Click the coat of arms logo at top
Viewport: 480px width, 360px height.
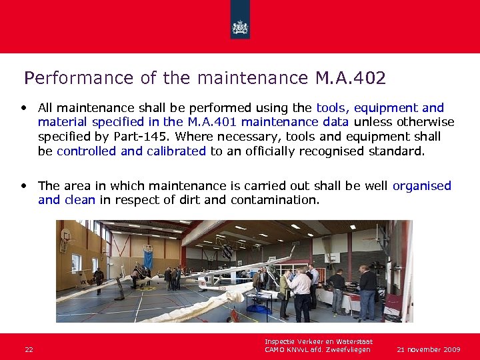point(239,27)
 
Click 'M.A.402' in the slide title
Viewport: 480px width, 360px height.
point(351,78)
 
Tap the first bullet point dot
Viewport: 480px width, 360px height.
point(24,107)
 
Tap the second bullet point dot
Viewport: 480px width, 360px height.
point(24,185)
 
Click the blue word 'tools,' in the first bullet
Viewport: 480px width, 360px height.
point(333,108)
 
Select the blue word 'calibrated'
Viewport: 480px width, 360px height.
point(176,151)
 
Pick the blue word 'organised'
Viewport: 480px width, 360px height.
point(422,186)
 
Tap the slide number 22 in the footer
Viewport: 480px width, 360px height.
point(29,349)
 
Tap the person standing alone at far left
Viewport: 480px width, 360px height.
point(99,280)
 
